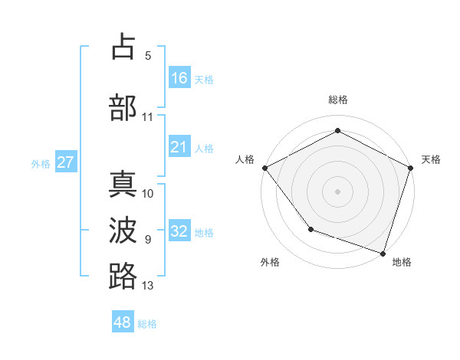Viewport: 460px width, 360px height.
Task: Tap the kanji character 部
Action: click(x=123, y=107)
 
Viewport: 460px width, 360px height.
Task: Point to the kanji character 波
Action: click(x=123, y=230)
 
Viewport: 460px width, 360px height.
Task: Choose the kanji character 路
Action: click(x=123, y=276)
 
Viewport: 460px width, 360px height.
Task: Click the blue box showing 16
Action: click(x=179, y=77)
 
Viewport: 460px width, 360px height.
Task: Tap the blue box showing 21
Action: click(x=179, y=147)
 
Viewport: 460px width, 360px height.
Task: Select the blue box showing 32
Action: click(x=179, y=231)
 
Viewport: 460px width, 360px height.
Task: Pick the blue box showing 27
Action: click(x=65, y=162)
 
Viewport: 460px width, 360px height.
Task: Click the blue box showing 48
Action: click(x=123, y=322)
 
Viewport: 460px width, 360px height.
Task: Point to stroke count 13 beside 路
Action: click(x=148, y=286)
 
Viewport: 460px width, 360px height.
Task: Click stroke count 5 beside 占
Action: click(x=148, y=56)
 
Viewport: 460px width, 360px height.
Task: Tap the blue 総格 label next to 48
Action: click(x=147, y=324)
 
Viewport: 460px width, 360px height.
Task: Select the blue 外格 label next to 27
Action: click(x=41, y=164)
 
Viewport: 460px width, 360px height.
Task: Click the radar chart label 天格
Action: click(x=431, y=159)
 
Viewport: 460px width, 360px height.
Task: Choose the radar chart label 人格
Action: click(x=245, y=159)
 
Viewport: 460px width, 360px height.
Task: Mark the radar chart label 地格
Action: click(x=402, y=262)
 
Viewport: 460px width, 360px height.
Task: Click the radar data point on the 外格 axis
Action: click(x=310, y=229)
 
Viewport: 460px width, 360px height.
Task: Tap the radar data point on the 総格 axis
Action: click(x=337, y=131)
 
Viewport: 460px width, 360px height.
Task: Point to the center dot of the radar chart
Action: click(x=337, y=191)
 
